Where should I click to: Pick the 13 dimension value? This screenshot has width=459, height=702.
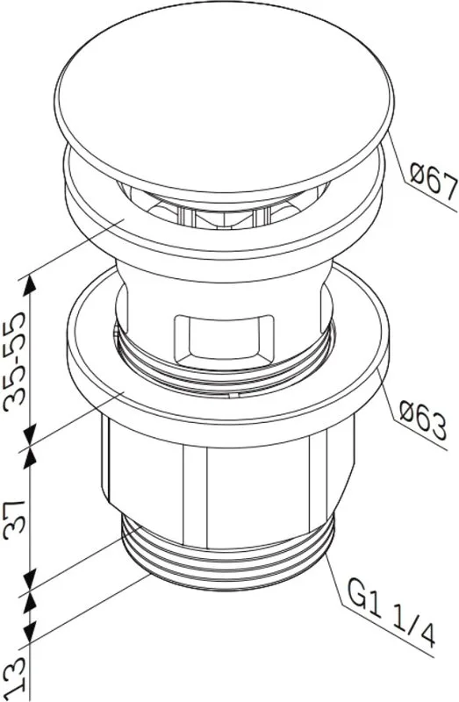(18, 679)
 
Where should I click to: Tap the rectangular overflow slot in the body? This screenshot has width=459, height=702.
(224, 340)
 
